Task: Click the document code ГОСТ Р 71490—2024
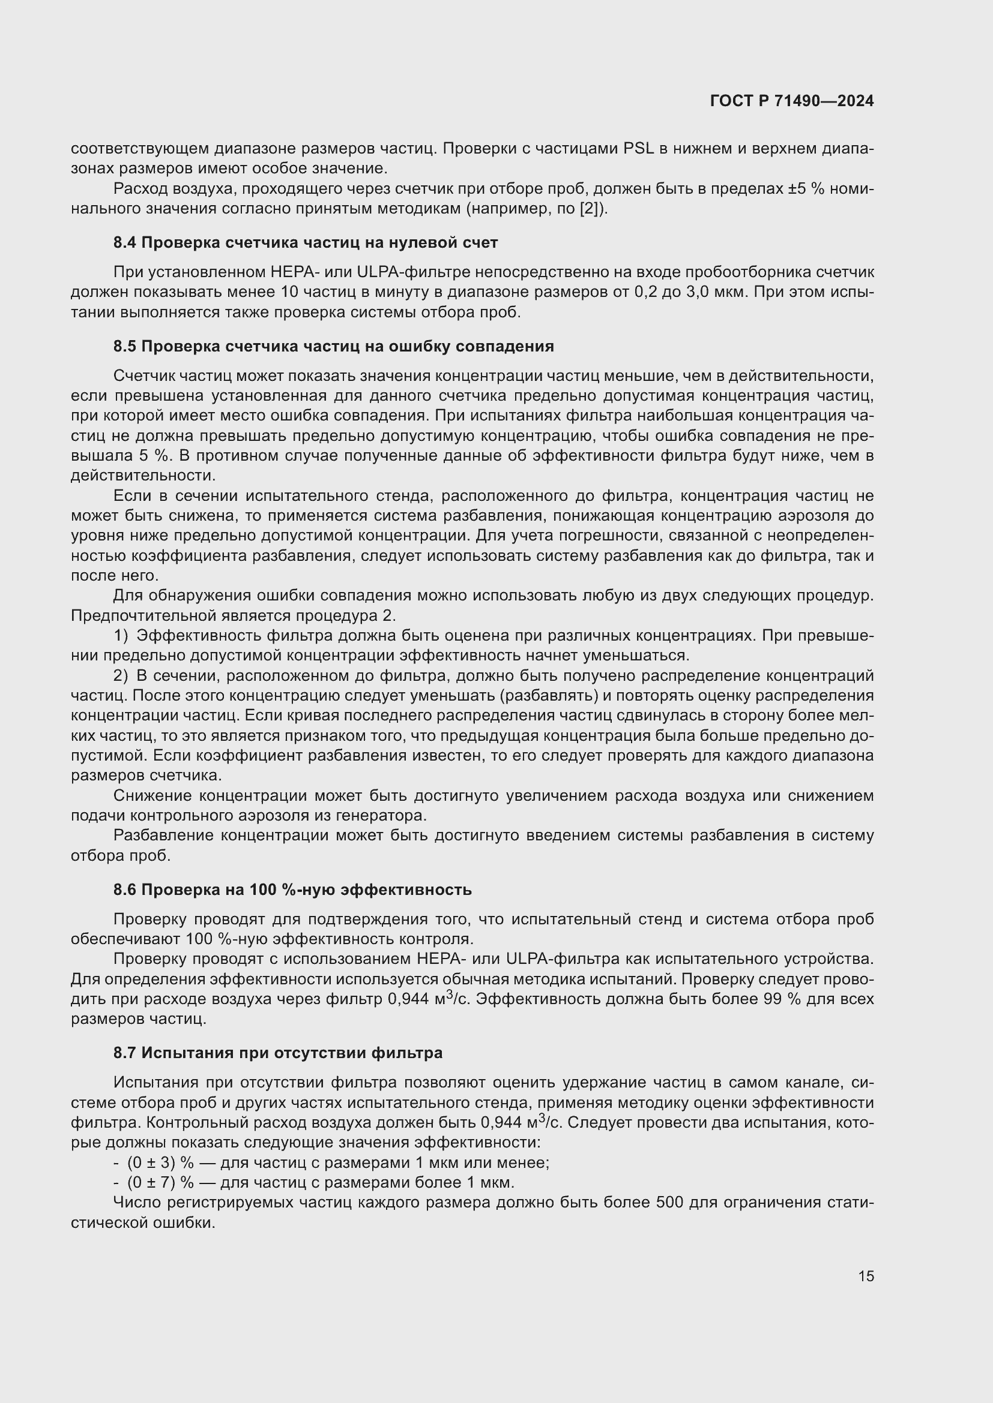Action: (792, 101)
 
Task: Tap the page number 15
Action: (866, 1276)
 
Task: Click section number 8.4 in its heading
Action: (125, 243)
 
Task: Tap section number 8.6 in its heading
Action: (125, 890)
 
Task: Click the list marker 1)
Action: (121, 635)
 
